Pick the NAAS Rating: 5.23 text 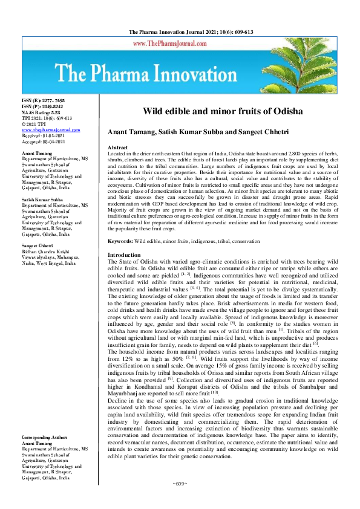41,112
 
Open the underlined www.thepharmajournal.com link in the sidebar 51,130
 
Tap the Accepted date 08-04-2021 44,141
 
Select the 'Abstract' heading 117,148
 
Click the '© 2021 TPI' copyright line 36,125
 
